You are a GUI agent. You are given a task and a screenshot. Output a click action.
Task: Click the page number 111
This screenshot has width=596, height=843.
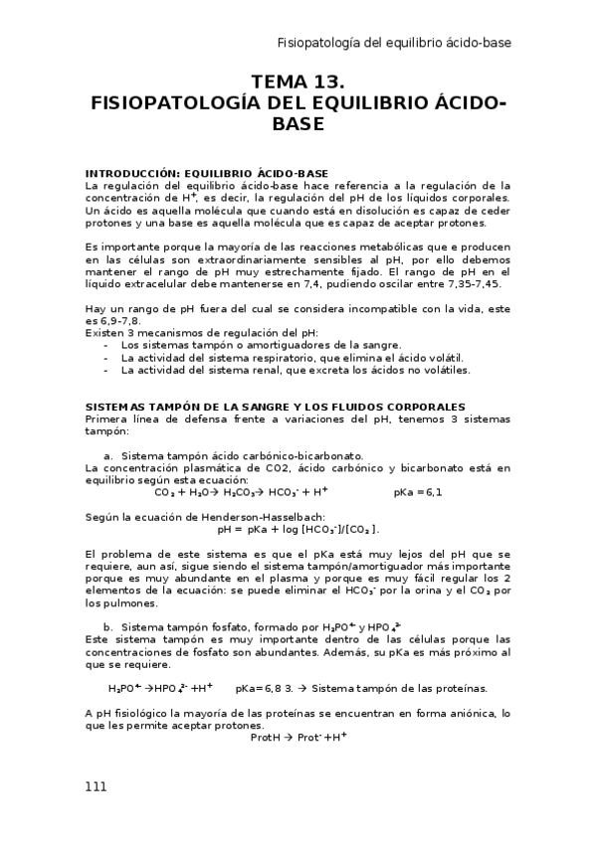[x=96, y=785]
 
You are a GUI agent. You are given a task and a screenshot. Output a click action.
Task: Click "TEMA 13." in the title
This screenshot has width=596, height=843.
[x=298, y=82]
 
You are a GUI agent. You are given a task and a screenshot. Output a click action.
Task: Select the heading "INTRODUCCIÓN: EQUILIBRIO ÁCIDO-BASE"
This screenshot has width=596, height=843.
[x=207, y=173]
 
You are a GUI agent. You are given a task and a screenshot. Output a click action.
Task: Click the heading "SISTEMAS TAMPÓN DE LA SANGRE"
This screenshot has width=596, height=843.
[x=274, y=408]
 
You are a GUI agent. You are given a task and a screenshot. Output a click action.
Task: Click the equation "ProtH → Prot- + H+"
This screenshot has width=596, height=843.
[x=298, y=737]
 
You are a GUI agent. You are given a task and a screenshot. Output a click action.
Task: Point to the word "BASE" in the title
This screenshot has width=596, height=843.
[x=298, y=123]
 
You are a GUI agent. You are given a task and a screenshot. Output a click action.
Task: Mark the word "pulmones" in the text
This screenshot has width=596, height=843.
[x=121, y=602]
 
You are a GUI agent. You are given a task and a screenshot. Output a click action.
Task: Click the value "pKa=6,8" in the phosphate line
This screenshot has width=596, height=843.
[x=259, y=688]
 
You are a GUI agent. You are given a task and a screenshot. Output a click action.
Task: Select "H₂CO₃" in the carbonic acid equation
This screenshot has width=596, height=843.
[x=243, y=492]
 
